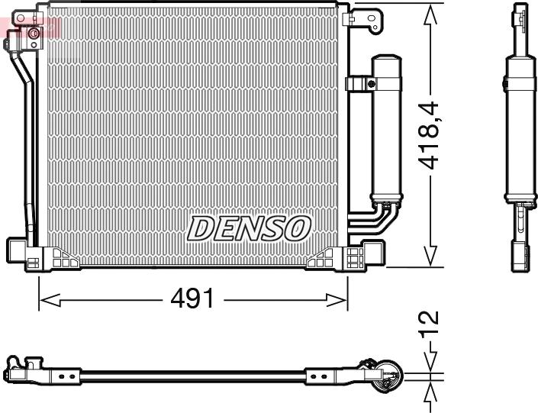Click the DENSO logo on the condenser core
point(250,227)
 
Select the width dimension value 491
point(191,299)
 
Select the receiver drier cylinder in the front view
point(385,130)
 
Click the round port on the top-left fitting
point(33,34)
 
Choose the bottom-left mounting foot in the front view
point(21,250)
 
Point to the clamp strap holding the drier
point(358,83)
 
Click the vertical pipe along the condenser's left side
point(30,153)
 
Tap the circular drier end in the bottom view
point(390,374)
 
